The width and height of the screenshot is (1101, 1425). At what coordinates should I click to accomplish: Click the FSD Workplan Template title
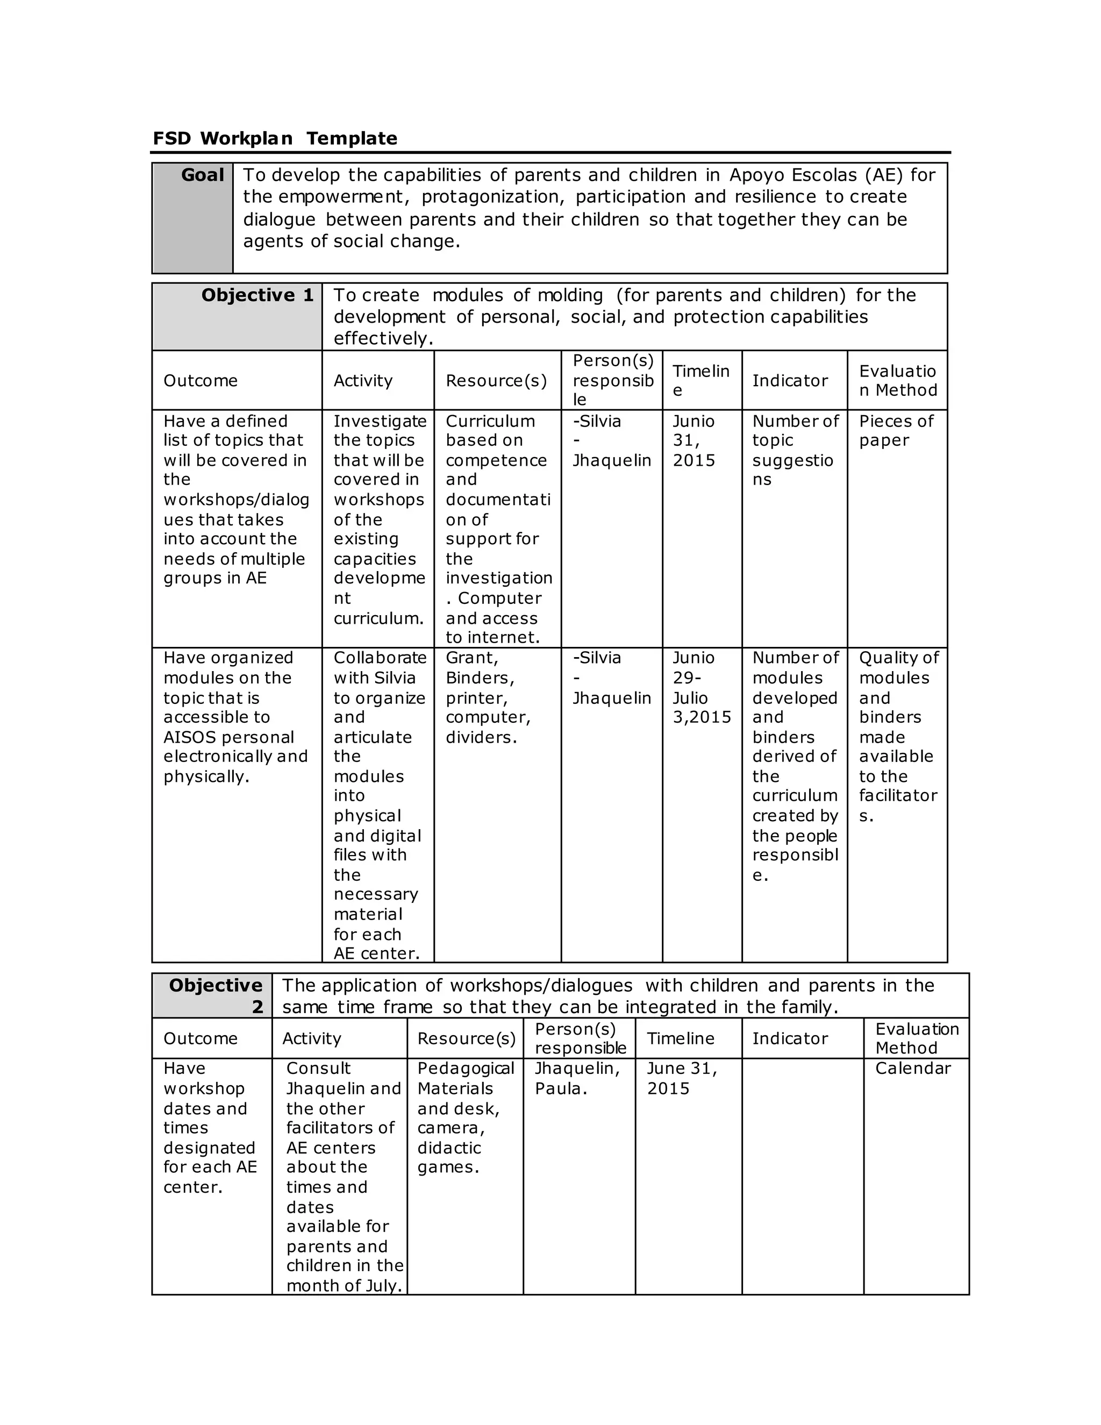[275, 138]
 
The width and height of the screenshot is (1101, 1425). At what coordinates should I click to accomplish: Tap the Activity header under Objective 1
[363, 381]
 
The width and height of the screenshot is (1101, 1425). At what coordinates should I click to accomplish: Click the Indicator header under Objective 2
[789, 1039]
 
